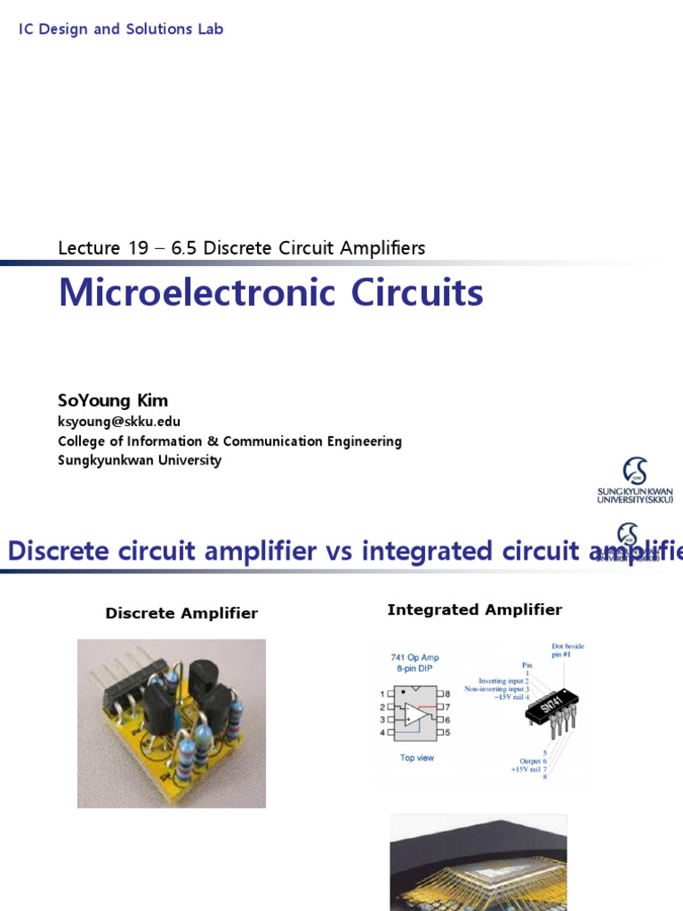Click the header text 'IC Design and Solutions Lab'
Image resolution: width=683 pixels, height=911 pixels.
[121, 29]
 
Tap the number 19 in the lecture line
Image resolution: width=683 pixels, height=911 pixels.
[138, 248]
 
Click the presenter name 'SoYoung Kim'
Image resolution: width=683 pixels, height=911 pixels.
[113, 400]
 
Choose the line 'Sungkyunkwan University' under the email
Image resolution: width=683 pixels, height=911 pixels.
[140, 461]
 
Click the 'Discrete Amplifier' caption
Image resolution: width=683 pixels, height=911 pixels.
[181, 613]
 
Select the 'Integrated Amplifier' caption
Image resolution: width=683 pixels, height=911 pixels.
[475, 609]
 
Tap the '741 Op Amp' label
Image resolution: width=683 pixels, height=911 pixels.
[414, 658]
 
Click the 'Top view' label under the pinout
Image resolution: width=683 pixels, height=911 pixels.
[417, 758]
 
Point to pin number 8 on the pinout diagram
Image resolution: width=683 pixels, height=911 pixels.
[446, 693]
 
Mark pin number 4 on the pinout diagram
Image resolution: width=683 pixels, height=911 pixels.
[382, 732]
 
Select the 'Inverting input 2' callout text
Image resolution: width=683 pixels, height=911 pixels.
[502, 681]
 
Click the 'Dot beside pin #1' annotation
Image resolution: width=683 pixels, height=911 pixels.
[567, 650]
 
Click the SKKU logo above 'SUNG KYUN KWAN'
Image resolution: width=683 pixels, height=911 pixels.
[635, 471]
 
